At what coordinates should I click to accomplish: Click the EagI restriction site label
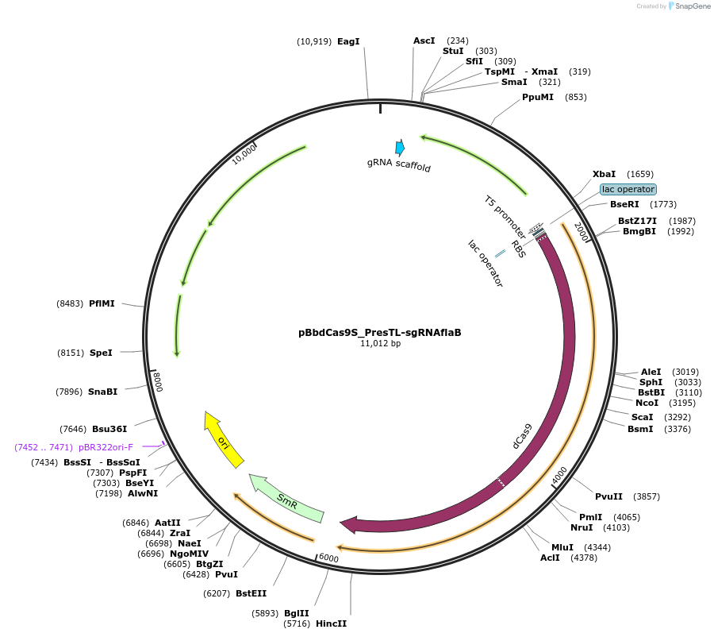(x=348, y=41)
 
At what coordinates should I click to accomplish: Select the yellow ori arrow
(x=224, y=441)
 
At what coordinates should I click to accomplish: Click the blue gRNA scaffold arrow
(x=400, y=147)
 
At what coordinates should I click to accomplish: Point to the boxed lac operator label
(x=628, y=189)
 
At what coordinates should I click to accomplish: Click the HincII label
(x=331, y=623)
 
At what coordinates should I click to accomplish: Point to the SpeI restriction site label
(x=101, y=352)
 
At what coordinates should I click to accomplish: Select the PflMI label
(x=102, y=303)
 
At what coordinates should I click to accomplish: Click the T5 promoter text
(x=506, y=214)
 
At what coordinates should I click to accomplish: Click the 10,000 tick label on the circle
(x=244, y=154)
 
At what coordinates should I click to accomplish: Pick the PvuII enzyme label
(x=611, y=496)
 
